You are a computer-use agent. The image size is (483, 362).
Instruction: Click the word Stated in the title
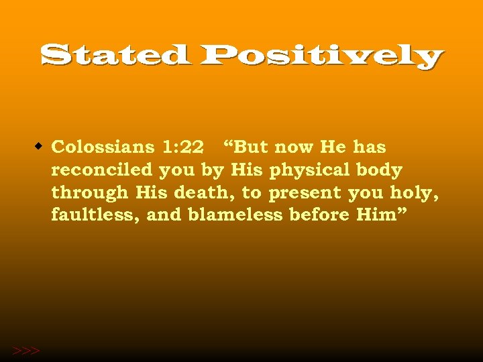tap(115, 55)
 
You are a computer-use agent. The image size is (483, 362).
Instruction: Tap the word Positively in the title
tap(321, 57)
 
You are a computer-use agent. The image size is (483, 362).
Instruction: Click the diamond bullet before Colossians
tap(40, 145)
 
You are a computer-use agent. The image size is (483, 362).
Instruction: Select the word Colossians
tap(103, 146)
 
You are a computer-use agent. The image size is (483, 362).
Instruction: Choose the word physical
tap(311, 171)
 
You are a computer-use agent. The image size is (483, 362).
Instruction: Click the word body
tap(380, 170)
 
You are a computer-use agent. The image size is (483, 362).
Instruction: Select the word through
tap(89, 193)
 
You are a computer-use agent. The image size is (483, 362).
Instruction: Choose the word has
tap(370, 146)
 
